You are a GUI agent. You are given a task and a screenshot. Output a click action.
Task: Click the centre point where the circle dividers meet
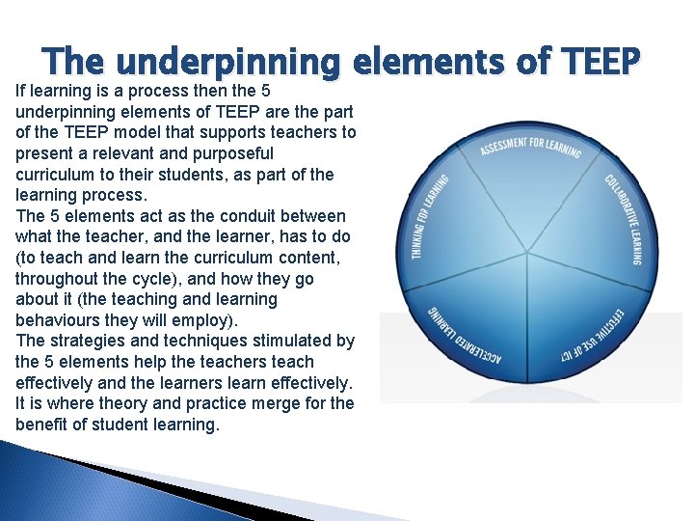527,255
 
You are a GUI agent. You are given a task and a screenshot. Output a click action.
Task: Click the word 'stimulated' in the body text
284,341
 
